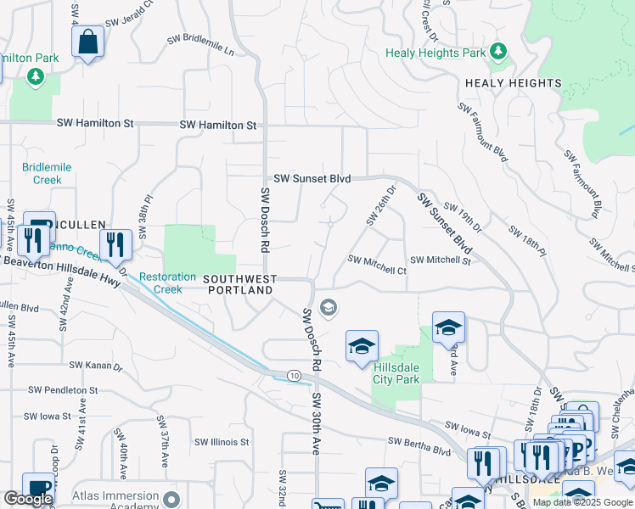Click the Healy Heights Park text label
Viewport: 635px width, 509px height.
436,53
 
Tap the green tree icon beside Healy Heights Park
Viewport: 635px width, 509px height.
499,53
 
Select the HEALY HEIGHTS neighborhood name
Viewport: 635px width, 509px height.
513,83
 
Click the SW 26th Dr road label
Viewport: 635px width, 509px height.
381,206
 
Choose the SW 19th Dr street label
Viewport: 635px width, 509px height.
462,218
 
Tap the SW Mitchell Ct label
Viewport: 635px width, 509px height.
377,266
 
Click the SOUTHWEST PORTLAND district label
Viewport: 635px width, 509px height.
239,284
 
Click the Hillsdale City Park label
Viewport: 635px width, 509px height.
396,373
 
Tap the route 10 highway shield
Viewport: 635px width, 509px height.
294,375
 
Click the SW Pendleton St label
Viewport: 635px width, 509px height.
63,390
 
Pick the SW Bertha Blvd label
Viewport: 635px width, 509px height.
419,441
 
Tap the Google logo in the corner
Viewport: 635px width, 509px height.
28,500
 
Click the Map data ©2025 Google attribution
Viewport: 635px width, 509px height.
582,502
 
